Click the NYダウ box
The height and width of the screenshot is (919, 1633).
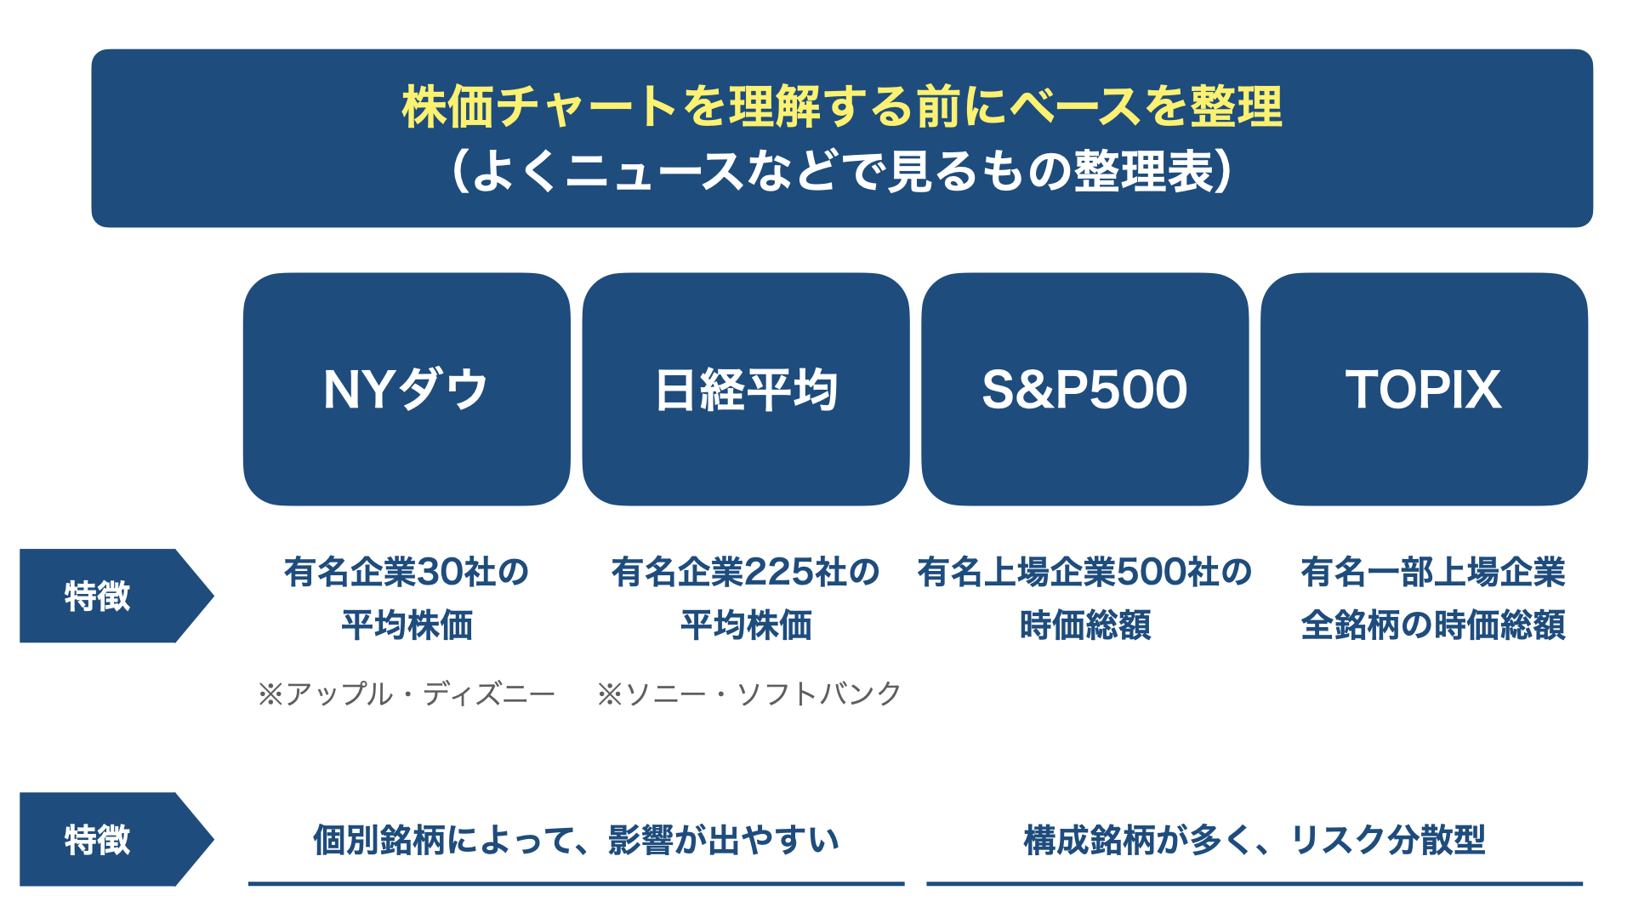pos(407,389)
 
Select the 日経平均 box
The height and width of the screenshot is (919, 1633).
pos(746,389)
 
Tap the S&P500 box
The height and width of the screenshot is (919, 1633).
pos(1085,389)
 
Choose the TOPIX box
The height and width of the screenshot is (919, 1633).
pos(1424,389)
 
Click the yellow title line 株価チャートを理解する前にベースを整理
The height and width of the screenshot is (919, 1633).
pos(842,106)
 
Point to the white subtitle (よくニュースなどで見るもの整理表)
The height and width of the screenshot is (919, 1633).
pos(842,170)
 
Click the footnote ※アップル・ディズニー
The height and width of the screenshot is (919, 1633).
pos(407,694)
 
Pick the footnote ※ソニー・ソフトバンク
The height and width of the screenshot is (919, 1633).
pos(748,694)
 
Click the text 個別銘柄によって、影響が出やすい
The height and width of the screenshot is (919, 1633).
pos(576,840)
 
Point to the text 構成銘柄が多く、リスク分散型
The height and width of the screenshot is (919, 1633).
pos(1255,840)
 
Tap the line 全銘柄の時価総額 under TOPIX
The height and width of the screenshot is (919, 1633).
pos(1433,625)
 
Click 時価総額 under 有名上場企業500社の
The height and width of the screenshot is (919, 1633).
pos(1085,625)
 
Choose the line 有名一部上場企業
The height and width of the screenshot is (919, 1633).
pos(1433,572)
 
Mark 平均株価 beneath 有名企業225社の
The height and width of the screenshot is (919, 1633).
pos(746,625)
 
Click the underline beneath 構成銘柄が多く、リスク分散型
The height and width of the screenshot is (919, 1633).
pos(1255,884)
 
